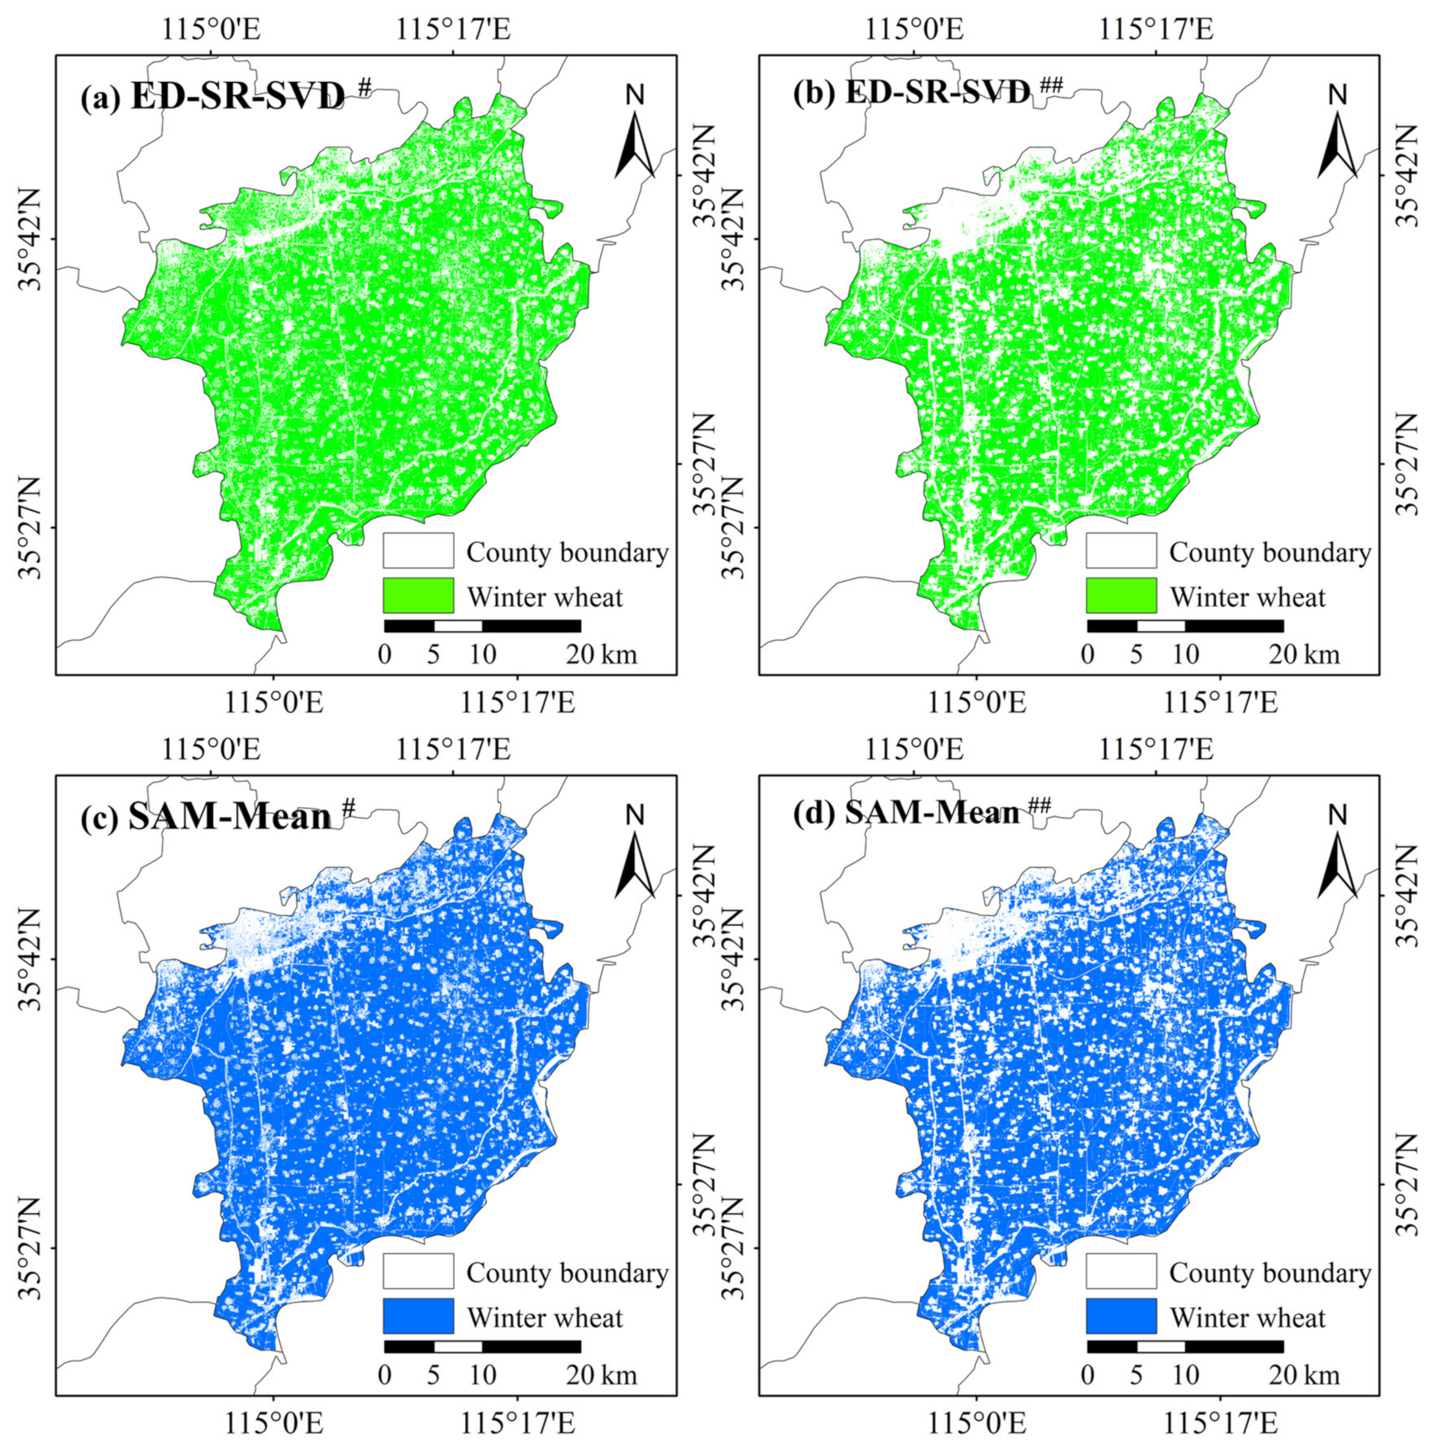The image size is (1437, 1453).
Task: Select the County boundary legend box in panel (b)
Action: pos(1121,550)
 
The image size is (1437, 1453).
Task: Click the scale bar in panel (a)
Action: pos(482,626)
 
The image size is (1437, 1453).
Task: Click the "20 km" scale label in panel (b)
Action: pos(1305,654)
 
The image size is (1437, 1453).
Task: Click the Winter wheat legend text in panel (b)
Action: pos(1248,597)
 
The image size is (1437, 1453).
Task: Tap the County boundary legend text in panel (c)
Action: pos(567,1272)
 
